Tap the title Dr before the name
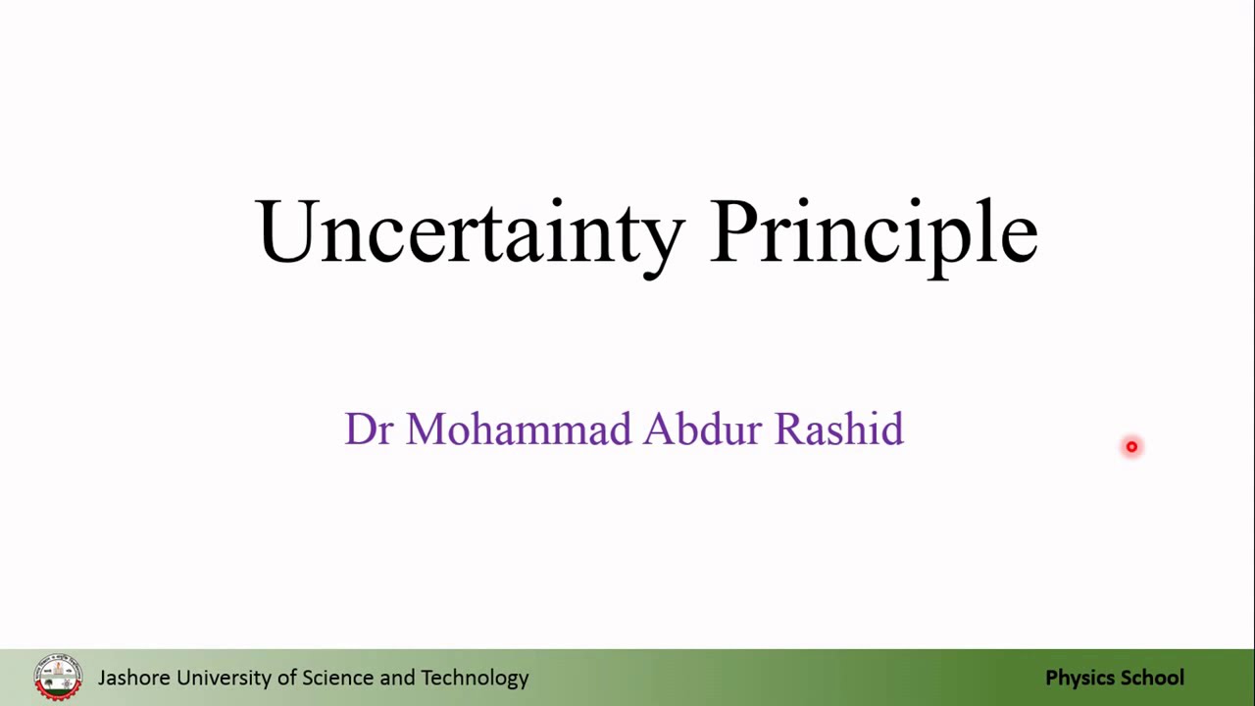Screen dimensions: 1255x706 368,429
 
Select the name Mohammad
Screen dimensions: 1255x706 519,429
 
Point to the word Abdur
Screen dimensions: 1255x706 703,429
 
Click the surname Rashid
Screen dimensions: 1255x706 838,429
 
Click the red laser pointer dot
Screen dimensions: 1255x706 1131,446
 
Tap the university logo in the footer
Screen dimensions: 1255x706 58,678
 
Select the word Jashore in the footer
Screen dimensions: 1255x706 134,678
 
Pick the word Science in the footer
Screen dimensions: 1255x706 338,678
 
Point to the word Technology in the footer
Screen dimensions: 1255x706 475,679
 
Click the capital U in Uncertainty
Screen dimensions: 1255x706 284,230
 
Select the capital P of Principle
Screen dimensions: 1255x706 734,229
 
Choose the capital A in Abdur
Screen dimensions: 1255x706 660,429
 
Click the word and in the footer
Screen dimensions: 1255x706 397,678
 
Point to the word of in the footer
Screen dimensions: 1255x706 287,678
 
